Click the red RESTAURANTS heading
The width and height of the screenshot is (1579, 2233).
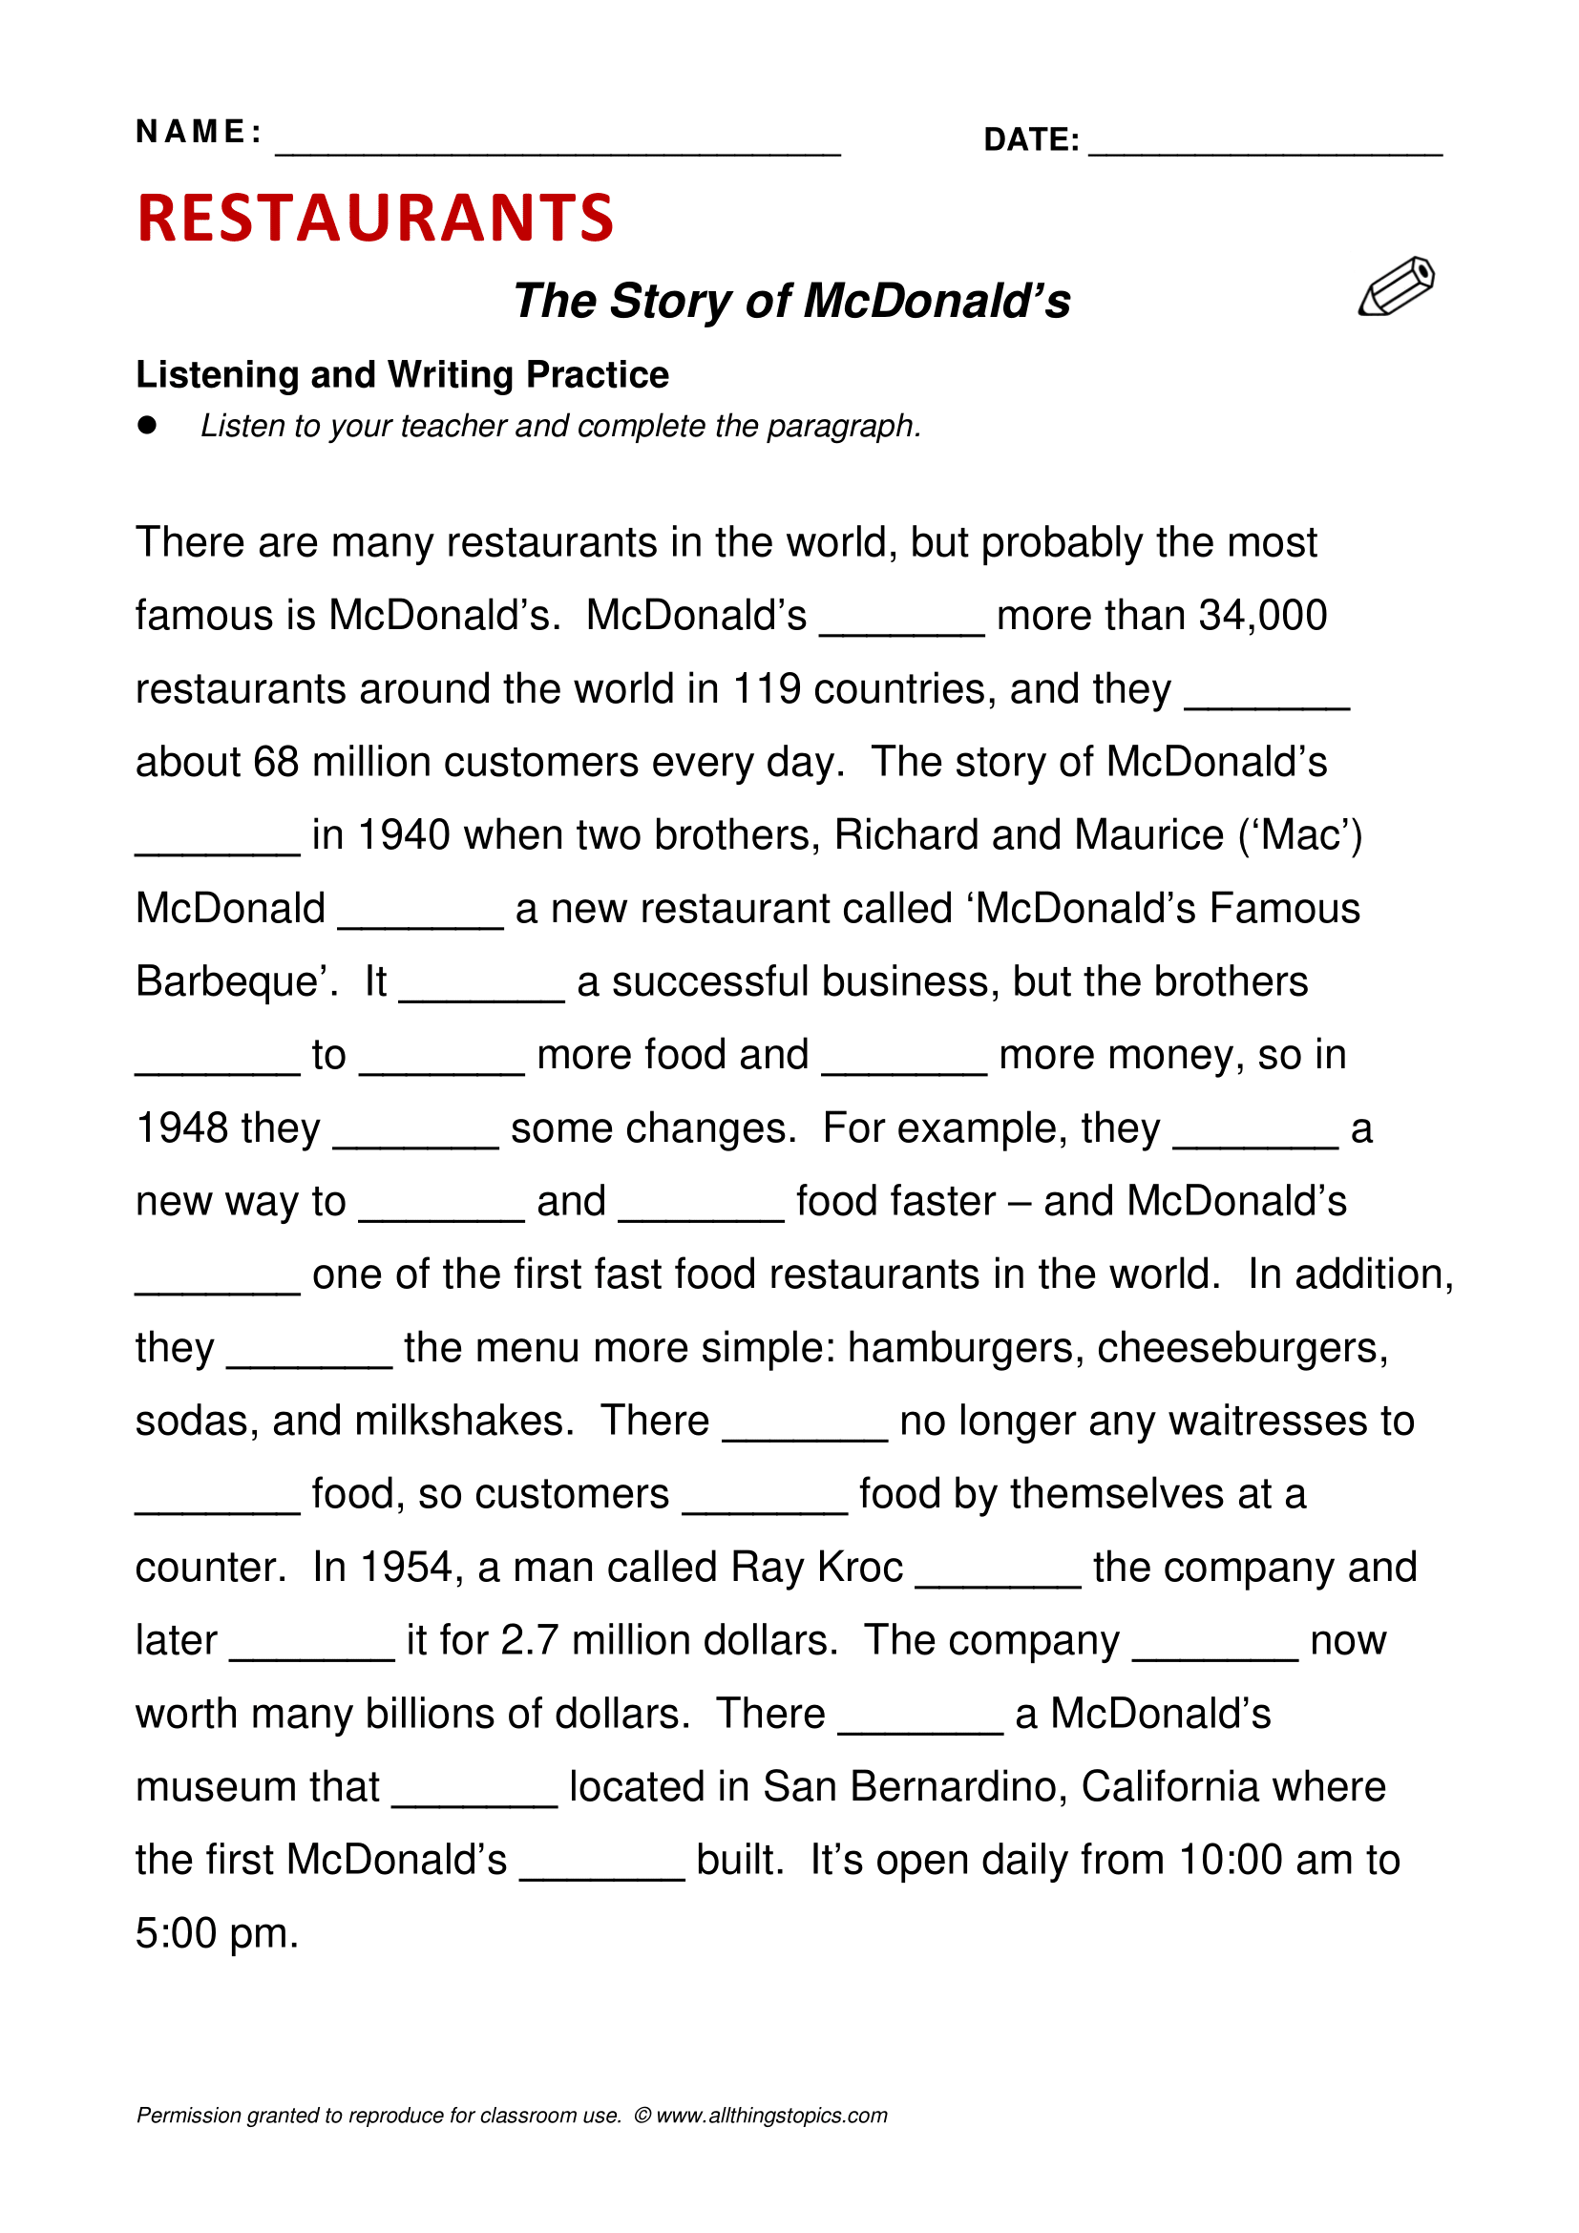(x=375, y=218)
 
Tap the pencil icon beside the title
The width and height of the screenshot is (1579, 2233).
(x=1397, y=286)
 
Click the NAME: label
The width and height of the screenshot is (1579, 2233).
(x=199, y=132)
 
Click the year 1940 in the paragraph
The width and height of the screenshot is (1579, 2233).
(x=404, y=835)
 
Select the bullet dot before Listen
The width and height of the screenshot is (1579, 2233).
(x=148, y=425)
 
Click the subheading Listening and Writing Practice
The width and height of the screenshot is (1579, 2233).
(x=402, y=375)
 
